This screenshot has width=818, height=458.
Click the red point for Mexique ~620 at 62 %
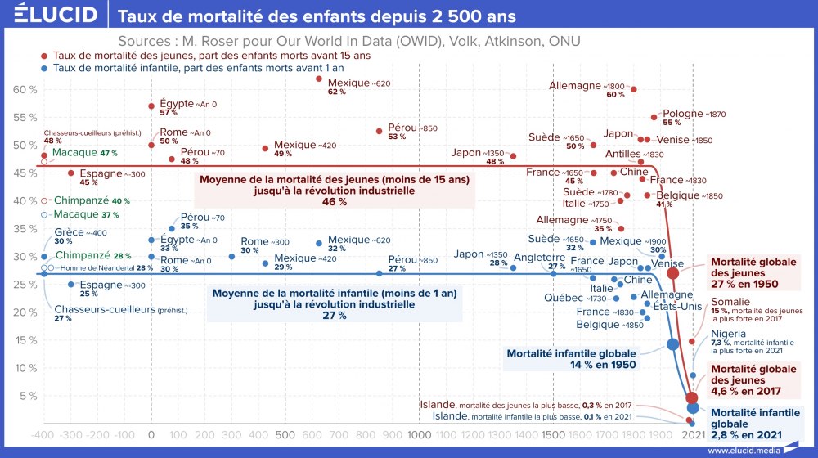click(x=319, y=79)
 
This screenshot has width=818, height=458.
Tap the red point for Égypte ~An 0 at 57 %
click(x=151, y=106)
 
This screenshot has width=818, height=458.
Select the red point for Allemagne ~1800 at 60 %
click(x=634, y=89)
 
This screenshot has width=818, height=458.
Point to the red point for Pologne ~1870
click(x=654, y=117)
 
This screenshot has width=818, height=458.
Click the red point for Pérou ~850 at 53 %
click(x=380, y=131)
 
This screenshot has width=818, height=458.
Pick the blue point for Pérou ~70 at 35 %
click(x=172, y=229)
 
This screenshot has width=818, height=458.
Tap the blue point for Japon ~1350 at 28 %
click(x=514, y=267)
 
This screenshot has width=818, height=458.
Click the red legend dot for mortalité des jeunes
click(x=44, y=56)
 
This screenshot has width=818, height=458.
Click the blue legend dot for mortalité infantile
click(x=44, y=69)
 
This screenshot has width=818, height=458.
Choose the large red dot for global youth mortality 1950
click(x=673, y=273)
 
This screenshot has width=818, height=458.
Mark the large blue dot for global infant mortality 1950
click(x=673, y=344)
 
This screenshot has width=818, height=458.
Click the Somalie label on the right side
click(x=726, y=303)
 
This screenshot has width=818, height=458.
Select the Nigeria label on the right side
click(x=728, y=334)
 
